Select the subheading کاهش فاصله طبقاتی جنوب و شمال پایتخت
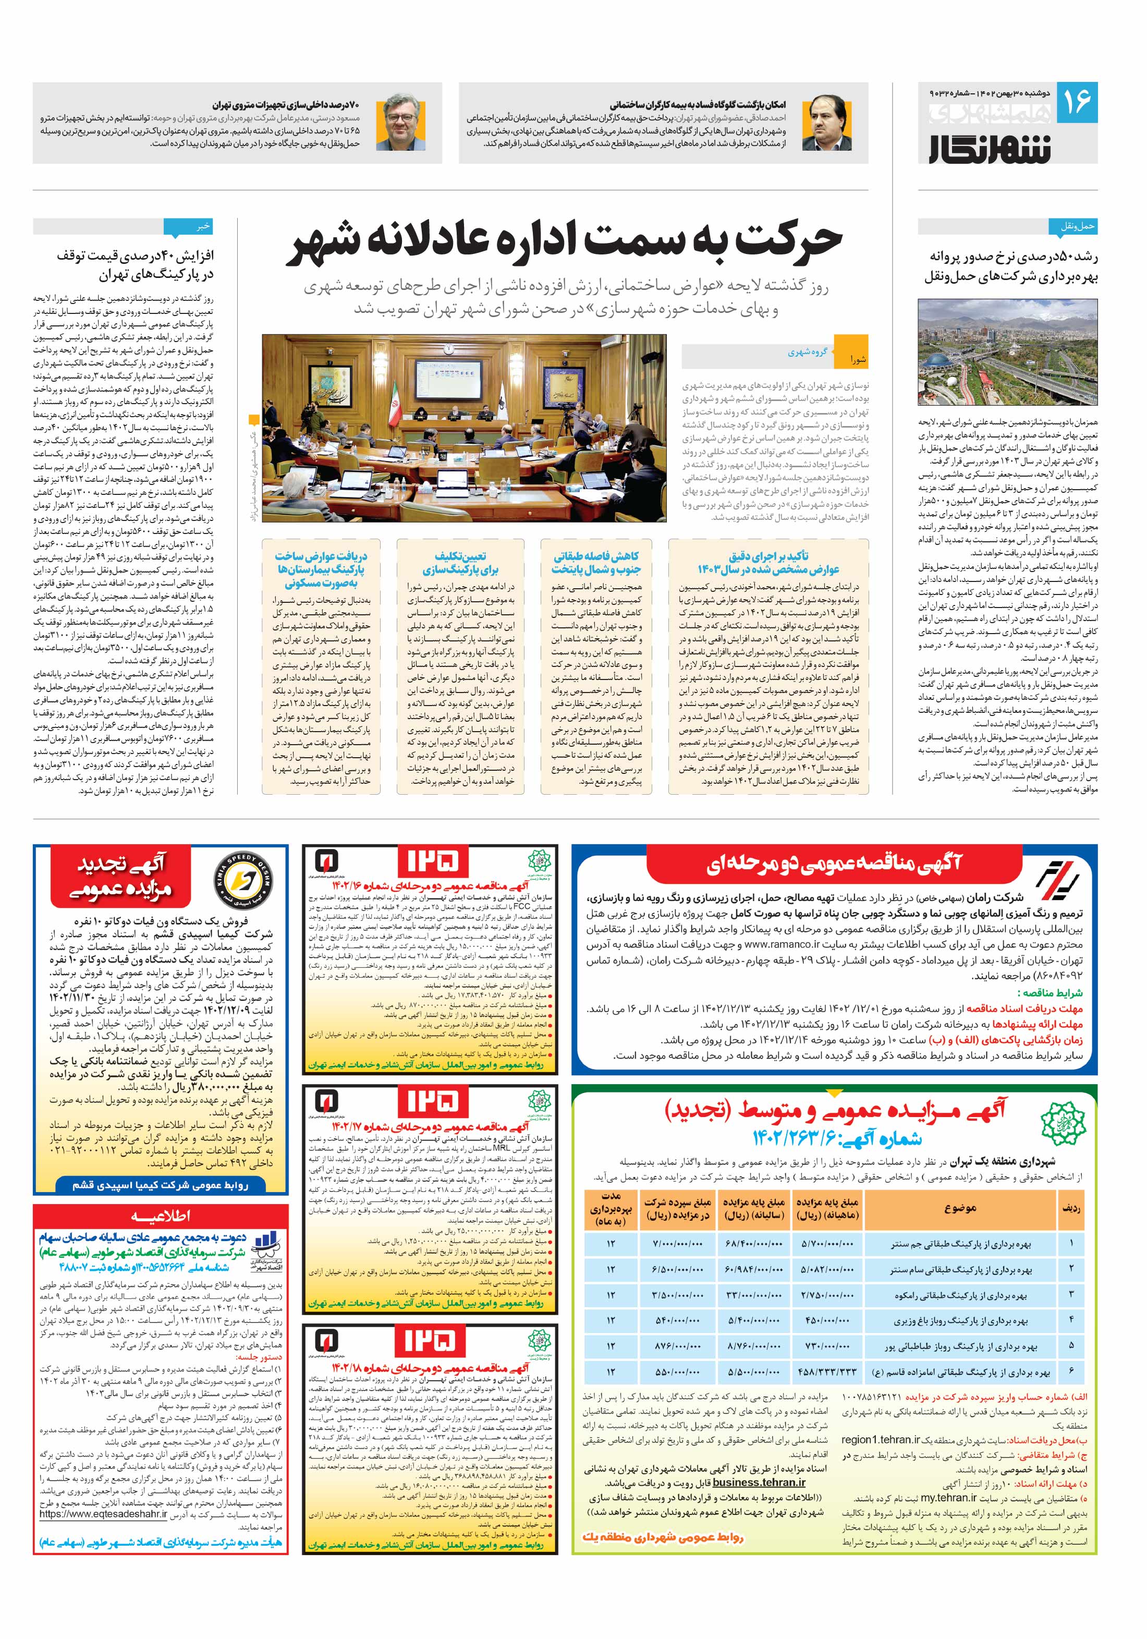pos(595,563)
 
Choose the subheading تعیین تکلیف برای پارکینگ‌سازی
pos(460,563)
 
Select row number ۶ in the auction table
pos(1071,1372)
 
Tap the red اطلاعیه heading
pos(160,1216)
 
